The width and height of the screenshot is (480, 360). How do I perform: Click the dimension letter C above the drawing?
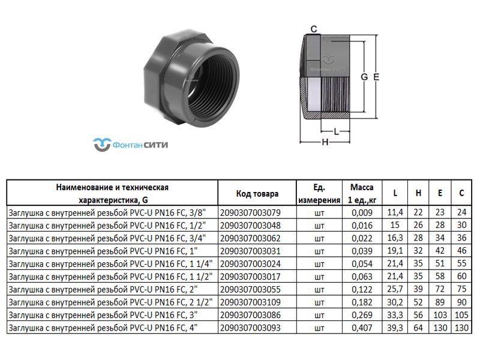314,29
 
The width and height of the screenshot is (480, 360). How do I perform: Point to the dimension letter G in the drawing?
364,77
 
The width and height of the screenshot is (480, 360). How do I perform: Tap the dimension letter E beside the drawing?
377,77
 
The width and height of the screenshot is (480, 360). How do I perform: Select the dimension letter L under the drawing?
336,132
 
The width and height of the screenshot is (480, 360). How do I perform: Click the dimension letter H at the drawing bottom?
325,142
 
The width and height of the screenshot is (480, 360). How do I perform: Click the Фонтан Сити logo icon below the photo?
102,145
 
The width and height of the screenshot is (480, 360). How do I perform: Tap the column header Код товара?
257,193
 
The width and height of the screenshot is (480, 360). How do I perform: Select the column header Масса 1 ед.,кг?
362,193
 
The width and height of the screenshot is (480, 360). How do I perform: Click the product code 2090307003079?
250,212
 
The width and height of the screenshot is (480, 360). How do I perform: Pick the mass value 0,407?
362,328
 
